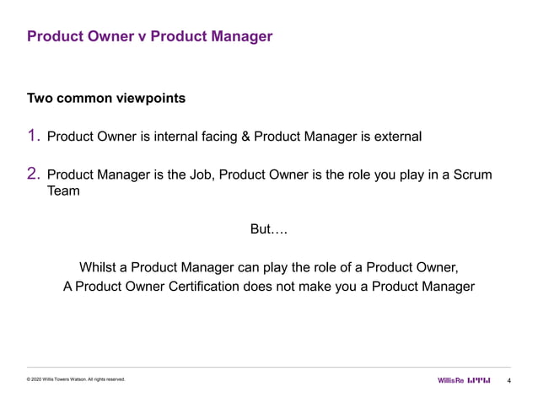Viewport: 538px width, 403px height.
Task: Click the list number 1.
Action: pos(34,135)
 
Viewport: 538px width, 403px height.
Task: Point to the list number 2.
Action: pos(34,175)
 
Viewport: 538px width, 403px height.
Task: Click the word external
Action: pos(395,136)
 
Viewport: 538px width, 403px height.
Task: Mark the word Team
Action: pos(63,192)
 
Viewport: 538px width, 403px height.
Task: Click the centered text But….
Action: pos(269,230)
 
